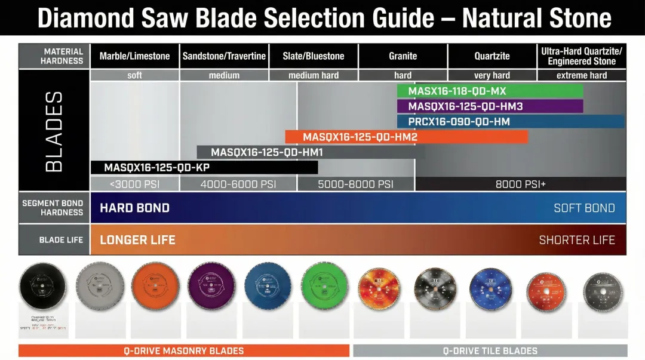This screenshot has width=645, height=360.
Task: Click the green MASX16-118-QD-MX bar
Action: point(490,91)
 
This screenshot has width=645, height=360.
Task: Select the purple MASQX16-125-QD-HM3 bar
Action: point(490,106)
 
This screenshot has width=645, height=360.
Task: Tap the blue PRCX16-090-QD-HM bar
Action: point(511,122)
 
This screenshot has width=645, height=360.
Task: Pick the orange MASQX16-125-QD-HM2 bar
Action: point(406,137)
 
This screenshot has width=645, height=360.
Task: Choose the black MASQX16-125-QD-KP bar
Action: point(204,168)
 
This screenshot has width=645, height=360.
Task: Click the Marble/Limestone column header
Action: point(134,56)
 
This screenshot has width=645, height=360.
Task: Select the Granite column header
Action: point(403,56)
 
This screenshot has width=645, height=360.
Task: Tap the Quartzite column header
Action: point(492,56)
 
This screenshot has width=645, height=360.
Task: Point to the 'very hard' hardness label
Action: point(492,76)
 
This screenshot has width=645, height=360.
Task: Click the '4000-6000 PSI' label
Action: point(238,184)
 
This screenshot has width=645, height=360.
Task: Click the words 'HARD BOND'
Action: point(134,208)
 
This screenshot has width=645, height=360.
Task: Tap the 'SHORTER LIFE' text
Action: point(576,240)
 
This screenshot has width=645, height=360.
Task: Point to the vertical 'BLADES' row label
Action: point(54,131)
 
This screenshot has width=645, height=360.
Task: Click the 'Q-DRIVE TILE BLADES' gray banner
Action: point(490,351)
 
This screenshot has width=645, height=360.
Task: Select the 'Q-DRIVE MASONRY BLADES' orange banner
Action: point(183,351)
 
